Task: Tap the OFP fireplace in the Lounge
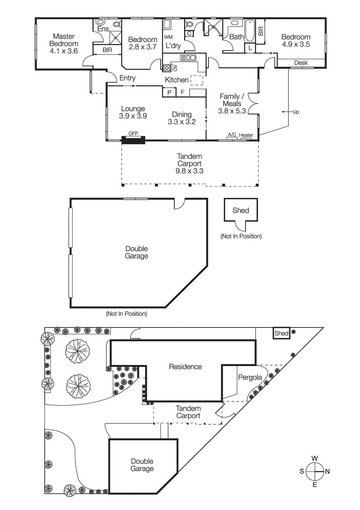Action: pos(133,139)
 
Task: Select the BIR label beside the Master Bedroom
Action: pos(107,50)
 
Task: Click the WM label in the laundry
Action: pos(168,37)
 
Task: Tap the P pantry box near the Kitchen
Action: pos(169,92)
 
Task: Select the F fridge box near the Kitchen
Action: pos(183,92)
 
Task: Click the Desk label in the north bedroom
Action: pos(301,63)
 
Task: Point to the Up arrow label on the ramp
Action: pos(296,112)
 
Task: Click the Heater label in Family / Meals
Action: pos(246,135)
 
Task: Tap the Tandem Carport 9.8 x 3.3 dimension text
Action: pos(189,171)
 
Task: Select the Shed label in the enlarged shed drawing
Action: pos(241,210)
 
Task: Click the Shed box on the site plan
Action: pos(282,333)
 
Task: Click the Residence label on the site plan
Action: pos(185,367)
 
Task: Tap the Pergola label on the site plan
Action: pos(250,377)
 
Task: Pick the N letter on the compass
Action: pos(327,471)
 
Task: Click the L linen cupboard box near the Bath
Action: pos(250,48)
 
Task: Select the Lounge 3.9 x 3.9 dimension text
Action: pos(133,116)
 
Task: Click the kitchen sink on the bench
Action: pos(188,58)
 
